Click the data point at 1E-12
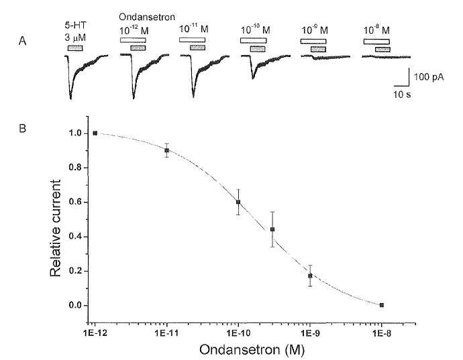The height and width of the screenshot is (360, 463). click(x=95, y=133)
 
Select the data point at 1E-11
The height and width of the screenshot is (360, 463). click(x=167, y=150)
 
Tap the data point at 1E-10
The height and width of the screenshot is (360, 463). click(x=238, y=202)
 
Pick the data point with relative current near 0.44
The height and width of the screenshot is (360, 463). click(x=272, y=229)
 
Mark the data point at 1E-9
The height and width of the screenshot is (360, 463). click(x=310, y=276)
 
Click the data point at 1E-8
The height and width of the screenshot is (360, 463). click(x=382, y=305)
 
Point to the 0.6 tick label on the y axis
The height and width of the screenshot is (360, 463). click(x=75, y=202)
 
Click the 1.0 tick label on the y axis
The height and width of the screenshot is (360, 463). click(x=75, y=133)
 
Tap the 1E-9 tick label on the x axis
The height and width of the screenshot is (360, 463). click(x=310, y=333)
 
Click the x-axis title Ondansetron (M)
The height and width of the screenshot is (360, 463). click(x=252, y=350)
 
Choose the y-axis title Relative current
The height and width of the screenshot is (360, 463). click(x=55, y=228)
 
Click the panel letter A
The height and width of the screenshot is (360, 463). click(x=22, y=41)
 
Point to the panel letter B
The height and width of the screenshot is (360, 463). click(x=22, y=128)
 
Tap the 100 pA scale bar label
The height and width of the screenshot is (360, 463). click(x=429, y=77)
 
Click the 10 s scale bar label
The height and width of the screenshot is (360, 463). click(x=401, y=95)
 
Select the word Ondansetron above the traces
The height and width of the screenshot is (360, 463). click(x=147, y=17)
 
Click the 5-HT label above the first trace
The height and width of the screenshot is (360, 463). click(x=75, y=25)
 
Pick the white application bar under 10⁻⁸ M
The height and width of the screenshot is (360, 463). click(x=376, y=42)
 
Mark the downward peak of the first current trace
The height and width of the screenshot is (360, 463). click(x=70, y=99)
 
